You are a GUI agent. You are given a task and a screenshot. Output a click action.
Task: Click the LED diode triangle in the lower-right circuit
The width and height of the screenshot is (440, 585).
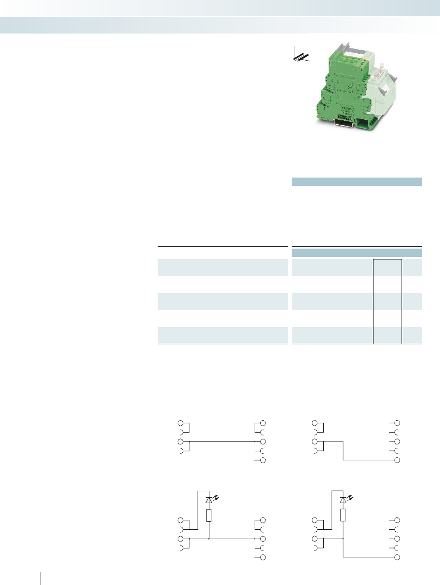343,500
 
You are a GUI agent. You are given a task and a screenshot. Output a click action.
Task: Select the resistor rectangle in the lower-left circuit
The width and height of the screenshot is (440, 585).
209,515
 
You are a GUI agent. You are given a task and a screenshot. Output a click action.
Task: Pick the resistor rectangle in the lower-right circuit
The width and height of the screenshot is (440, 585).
343,515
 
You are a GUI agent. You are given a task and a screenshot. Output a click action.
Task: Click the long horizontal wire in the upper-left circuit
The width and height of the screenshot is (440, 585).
222,441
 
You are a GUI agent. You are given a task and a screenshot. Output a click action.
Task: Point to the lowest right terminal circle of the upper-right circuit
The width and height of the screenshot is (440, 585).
397,460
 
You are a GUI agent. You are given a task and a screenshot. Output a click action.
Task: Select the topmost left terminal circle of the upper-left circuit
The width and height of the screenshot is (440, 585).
181,423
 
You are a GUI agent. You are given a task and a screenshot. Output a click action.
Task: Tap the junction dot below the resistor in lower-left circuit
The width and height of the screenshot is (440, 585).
209,539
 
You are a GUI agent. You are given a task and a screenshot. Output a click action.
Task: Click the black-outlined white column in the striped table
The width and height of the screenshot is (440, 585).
387,300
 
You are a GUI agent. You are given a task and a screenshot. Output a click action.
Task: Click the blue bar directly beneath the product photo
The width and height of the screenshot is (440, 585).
357,181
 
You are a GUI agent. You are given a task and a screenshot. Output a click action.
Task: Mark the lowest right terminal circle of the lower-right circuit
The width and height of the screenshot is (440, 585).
397,557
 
